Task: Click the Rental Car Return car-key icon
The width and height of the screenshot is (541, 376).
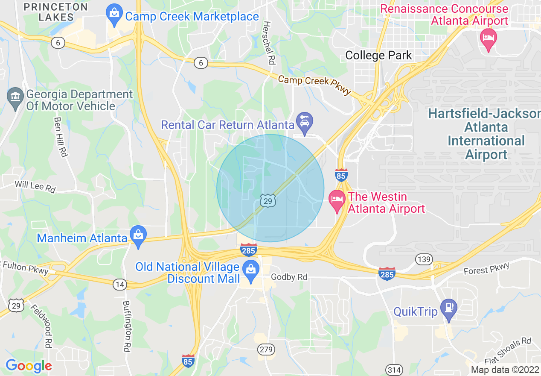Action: pyautogui.click(x=305, y=122)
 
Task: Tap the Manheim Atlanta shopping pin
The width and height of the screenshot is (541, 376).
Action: pyautogui.click(x=138, y=235)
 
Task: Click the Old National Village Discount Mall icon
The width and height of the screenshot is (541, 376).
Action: pyautogui.click(x=250, y=270)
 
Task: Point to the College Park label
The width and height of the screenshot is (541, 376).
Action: pyautogui.click(x=378, y=55)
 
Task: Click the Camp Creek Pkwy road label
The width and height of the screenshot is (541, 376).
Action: pyautogui.click(x=314, y=85)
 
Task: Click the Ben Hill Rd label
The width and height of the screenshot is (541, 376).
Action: pyautogui.click(x=61, y=137)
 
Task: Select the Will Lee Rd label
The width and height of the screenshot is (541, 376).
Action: pyautogui.click(x=35, y=187)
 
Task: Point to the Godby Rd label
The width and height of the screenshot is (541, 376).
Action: pyautogui.click(x=289, y=277)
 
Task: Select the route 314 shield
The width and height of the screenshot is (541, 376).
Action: pyautogui.click(x=393, y=369)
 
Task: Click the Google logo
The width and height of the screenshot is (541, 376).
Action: pyautogui.click(x=29, y=366)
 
